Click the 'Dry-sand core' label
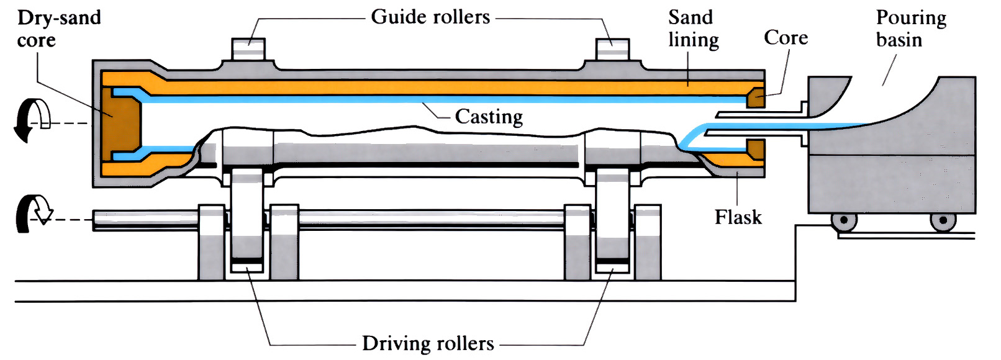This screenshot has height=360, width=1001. pos(58,29)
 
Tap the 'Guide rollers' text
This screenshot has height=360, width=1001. pos(430,17)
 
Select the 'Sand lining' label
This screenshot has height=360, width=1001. pos(693,29)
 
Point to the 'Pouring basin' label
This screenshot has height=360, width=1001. pos(910,29)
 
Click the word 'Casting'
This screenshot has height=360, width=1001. pos(489,117)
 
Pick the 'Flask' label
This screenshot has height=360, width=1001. pos(738,217)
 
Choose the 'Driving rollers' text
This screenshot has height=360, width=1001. pos(428,343)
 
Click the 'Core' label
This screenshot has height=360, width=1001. pos(786,38)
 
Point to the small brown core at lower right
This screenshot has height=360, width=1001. pos(756,148)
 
